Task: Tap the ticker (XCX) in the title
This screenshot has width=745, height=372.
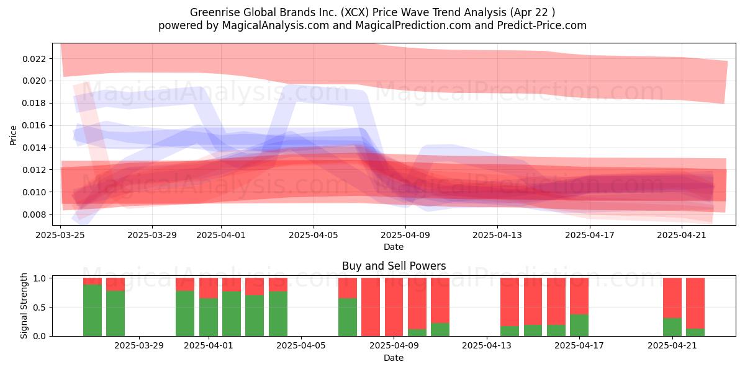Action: [354, 12]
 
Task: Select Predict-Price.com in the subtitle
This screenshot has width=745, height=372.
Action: [542, 25]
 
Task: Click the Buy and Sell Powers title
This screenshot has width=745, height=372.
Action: [394, 266]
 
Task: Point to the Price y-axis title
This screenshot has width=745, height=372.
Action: [13, 135]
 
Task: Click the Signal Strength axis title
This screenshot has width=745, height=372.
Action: [24, 306]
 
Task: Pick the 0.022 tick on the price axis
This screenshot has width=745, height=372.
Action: [34, 59]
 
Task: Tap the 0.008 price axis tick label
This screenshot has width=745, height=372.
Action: [34, 215]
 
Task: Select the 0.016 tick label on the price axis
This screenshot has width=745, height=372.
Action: [34, 125]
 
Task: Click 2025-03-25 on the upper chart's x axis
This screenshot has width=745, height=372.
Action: [60, 235]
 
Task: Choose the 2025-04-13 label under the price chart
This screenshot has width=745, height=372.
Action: [497, 235]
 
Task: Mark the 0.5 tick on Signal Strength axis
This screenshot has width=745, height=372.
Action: [40, 308]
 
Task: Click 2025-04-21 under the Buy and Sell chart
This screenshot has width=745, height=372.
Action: [672, 345]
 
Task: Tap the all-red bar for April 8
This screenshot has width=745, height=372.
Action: [371, 307]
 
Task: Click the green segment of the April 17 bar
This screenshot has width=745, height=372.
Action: [579, 325]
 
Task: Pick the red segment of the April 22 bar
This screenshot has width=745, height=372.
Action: [695, 303]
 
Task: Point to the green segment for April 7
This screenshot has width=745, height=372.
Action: [348, 317]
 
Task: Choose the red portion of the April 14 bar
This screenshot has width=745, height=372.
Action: [510, 302]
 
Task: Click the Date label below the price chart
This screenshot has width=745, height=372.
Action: [394, 247]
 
